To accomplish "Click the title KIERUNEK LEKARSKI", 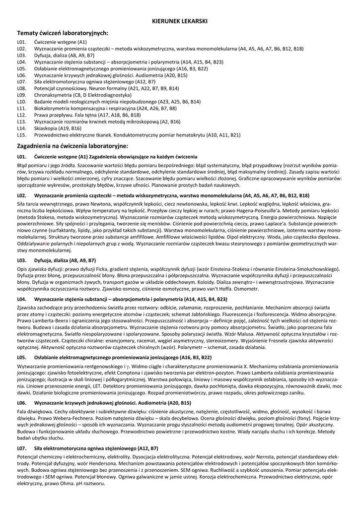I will click(180, 21).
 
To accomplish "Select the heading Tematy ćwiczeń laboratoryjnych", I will click(63, 33).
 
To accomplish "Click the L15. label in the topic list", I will click(21, 134).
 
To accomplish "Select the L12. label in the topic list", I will click(21, 115).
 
